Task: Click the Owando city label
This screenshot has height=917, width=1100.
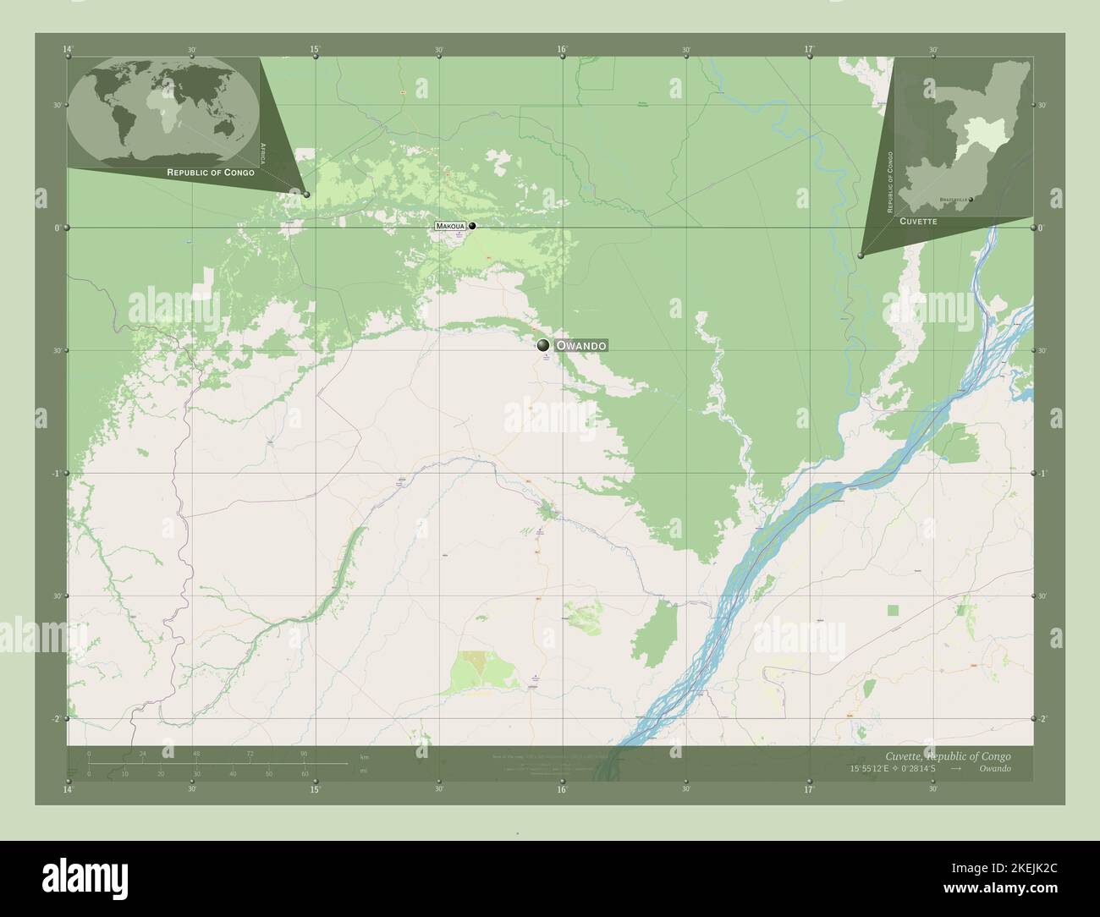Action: pyautogui.click(x=580, y=346)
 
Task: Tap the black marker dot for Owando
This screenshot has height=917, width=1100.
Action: pyautogui.click(x=543, y=345)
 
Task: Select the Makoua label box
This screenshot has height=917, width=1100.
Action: pyautogui.click(x=451, y=227)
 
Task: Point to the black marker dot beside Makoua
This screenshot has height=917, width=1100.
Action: pyautogui.click(x=472, y=226)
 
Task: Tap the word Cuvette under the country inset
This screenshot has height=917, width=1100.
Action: pyautogui.click(x=917, y=220)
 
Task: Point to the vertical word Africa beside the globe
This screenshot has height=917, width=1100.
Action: pyautogui.click(x=263, y=153)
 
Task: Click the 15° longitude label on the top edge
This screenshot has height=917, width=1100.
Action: pyautogui.click(x=315, y=50)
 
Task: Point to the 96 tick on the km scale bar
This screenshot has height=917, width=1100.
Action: pyautogui.click(x=303, y=753)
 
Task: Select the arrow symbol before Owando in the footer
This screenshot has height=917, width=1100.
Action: pyautogui.click(x=955, y=769)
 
